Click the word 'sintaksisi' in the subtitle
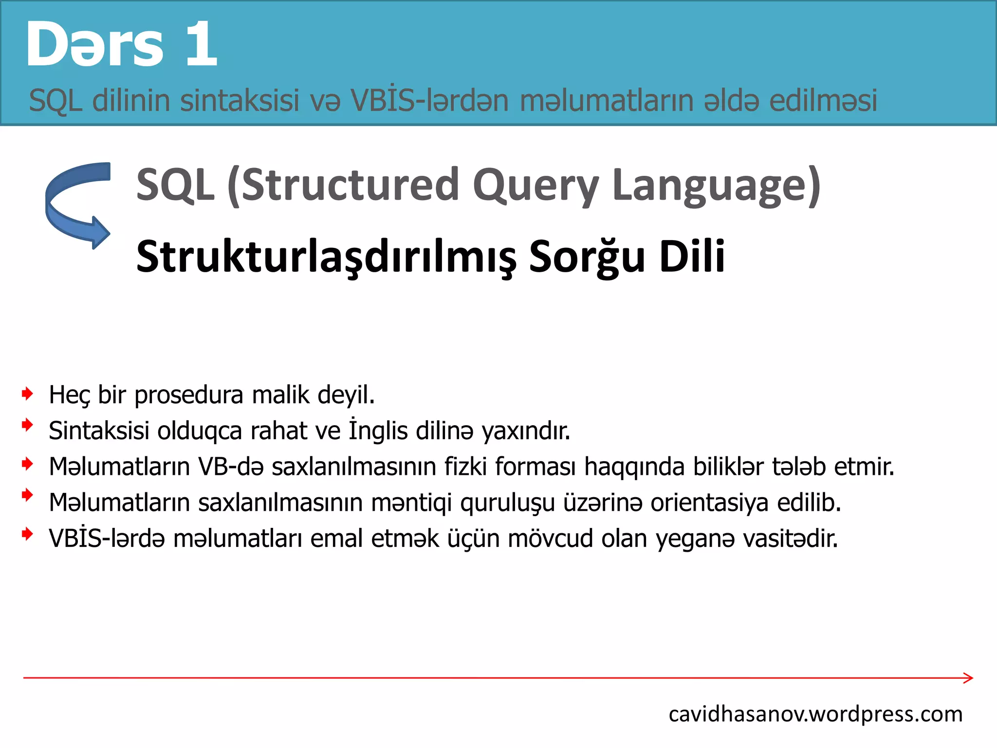[x=240, y=100]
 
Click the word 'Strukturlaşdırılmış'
[x=326, y=257]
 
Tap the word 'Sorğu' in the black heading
[x=587, y=257]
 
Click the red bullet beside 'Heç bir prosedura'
[x=28, y=393]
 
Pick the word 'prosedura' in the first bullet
[x=189, y=395]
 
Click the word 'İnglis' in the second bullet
[x=378, y=430]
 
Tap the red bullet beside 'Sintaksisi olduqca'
[x=28, y=425]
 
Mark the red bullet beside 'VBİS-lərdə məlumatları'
[x=28, y=534]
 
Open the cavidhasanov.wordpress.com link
[x=815, y=714]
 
